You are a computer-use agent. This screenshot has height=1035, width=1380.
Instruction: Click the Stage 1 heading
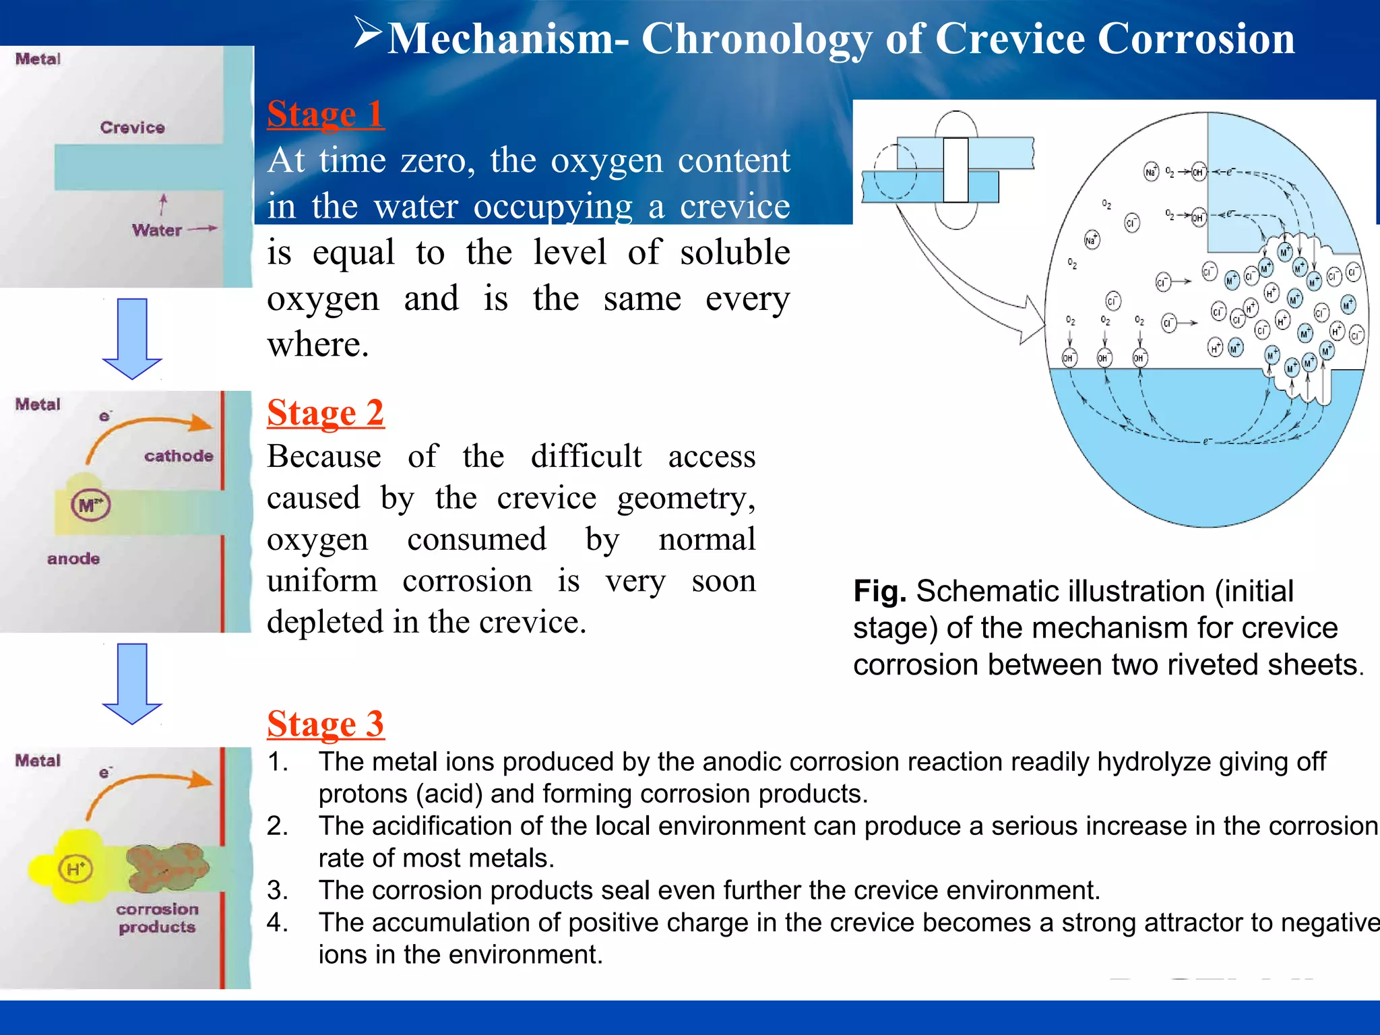pyautogui.click(x=325, y=114)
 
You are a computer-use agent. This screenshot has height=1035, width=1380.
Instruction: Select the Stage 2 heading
pyautogui.click(x=325, y=412)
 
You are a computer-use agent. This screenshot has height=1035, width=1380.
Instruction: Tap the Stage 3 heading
pyautogui.click(x=325, y=724)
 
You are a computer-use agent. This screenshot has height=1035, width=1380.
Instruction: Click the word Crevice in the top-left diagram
pyautogui.click(x=132, y=127)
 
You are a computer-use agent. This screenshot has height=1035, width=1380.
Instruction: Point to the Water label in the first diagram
pyautogui.click(x=156, y=230)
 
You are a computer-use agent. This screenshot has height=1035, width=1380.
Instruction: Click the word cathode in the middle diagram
pyautogui.click(x=179, y=456)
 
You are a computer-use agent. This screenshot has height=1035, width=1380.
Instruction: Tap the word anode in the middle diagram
pyautogui.click(x=73, y=559)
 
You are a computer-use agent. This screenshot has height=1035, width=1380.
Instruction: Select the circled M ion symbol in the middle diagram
pyautogui.click(x=90, y=505)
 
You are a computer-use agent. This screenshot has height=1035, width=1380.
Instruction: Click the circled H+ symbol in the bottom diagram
pyautogui.click(x=75, y=868)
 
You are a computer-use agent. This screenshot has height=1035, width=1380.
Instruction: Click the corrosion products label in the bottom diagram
pyautogui.click(x=157, y=918)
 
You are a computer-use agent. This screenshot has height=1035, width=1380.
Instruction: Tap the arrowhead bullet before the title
pyautogui.click(x=369, y=33)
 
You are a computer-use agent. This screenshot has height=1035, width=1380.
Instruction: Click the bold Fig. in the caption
pyautogui.click(x=879, y=592)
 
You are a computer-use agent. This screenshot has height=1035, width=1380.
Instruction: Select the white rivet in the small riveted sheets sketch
pyautogui.click(x=955, y=170)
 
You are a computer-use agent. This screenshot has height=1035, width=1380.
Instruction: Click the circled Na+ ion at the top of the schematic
pyautogui.click(x=1151, y=172)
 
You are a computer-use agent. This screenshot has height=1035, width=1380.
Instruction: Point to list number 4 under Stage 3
pyautogui.click(x=278, y=922)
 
